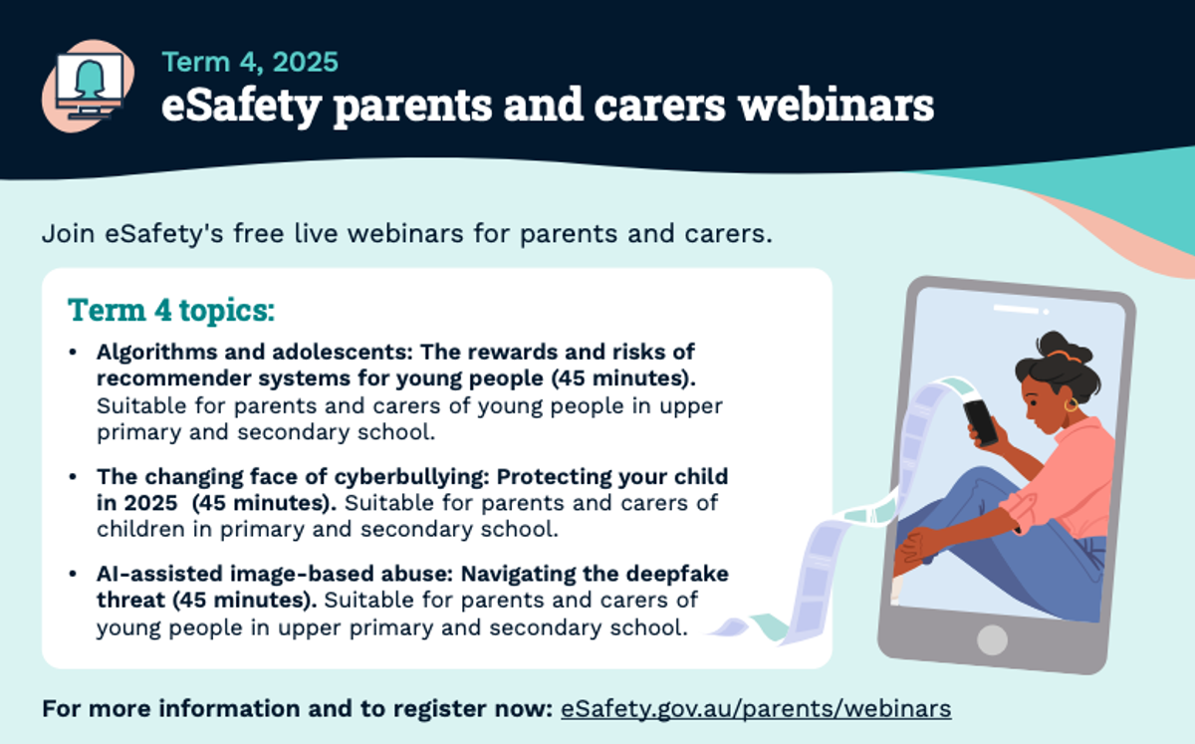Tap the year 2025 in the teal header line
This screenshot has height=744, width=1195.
305,62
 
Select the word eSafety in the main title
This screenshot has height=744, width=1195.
241,107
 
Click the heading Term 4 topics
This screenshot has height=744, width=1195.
171,310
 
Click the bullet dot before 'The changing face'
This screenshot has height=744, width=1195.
73,477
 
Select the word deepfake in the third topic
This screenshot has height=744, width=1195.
677,574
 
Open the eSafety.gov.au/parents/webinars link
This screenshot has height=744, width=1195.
756,709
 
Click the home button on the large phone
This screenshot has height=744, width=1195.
992,640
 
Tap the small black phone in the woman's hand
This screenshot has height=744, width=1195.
980,422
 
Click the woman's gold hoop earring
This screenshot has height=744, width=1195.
1071,404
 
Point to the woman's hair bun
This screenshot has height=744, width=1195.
1058,346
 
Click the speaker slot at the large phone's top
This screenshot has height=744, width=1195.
1017,310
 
